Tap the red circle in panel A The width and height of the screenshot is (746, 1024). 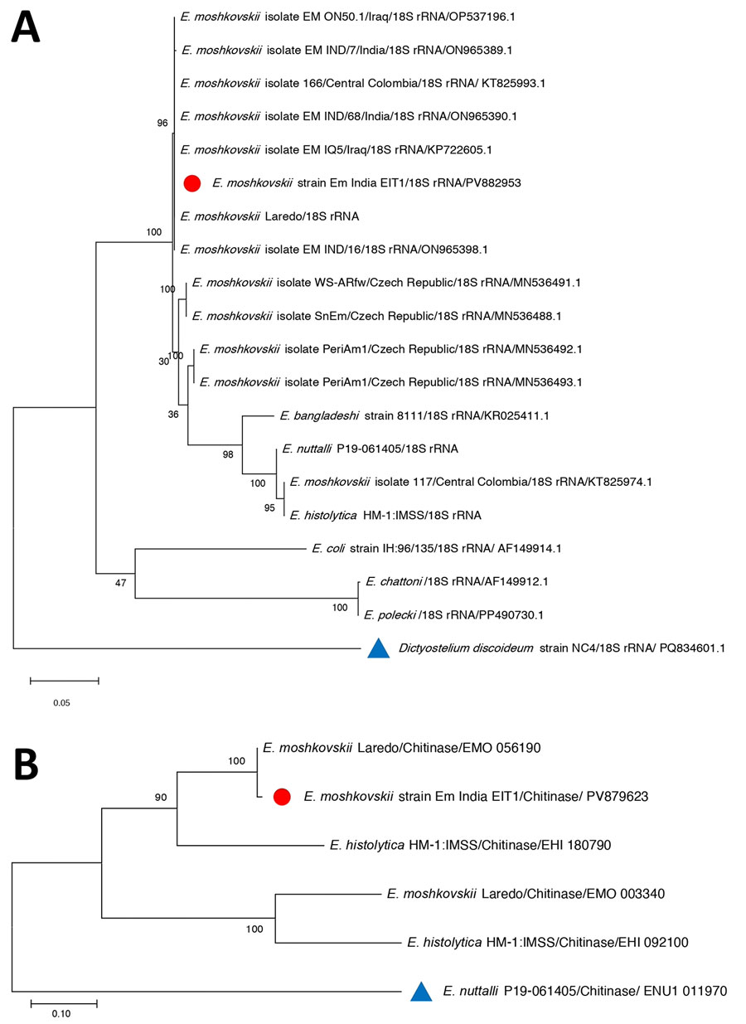pos(192,183)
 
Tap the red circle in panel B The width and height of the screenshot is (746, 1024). pos(283,797)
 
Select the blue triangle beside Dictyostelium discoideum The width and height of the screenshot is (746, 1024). pos(378,648)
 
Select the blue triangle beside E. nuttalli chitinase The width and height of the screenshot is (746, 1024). pos(422,990)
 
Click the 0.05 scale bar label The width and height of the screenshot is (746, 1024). pos(61,702)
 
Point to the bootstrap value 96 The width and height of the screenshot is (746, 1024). pos(162,124)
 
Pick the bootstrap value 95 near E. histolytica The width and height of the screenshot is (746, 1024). pos(270,507)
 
